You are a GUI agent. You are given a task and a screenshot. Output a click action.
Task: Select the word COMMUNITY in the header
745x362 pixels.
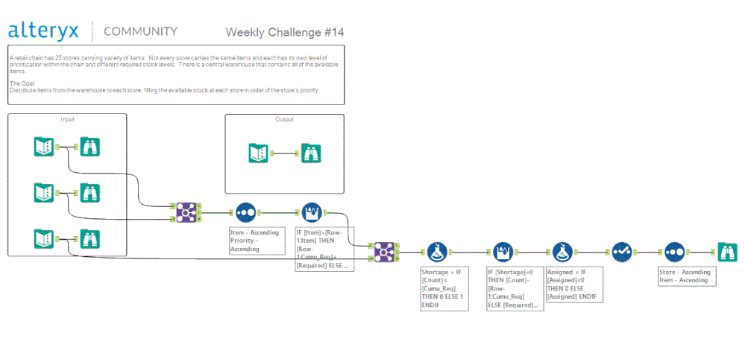tap(140, 31)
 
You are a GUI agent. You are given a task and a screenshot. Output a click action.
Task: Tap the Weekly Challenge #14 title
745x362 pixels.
tap(285, 32)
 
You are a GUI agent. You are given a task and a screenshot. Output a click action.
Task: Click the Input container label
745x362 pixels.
tap(67, 119)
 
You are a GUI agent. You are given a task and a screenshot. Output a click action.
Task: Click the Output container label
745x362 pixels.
tap(284, 119)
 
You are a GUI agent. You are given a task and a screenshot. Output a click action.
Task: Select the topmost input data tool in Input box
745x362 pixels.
tap(44, 147)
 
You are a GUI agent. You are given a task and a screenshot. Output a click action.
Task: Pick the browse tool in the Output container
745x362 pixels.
tap(312, 153)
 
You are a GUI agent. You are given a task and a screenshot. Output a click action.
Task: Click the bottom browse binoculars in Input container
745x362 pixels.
tap(89, 239)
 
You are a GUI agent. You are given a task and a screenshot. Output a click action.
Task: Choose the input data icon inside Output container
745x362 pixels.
tap(259, 153)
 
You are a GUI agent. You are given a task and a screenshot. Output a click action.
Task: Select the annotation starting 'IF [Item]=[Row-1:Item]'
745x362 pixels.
tap(324, 249)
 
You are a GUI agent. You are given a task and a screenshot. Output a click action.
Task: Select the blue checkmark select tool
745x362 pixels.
tap(622, 252)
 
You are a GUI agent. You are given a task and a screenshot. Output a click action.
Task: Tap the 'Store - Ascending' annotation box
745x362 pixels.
tap(685, 276)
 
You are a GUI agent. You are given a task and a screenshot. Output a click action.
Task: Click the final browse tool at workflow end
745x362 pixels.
tap(726, 252)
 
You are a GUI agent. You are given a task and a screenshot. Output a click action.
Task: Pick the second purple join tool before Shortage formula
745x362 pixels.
tap(384, 252)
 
